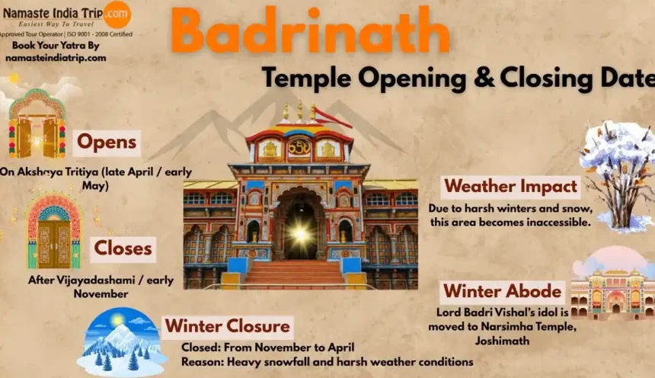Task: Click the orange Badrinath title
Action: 310,30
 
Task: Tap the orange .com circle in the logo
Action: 117,14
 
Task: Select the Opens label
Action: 107,143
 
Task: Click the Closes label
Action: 123,249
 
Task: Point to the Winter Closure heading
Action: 227,326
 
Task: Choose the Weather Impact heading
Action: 510,187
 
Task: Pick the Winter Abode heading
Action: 502,291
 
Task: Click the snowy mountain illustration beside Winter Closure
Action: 121,343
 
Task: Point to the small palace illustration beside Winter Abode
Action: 613,284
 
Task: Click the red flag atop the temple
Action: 333,117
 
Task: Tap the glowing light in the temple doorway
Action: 300,234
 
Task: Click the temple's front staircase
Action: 294,274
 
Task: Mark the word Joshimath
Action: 502,341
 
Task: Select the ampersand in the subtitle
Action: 484,78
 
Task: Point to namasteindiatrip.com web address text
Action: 56,58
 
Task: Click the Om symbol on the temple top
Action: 299,148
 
